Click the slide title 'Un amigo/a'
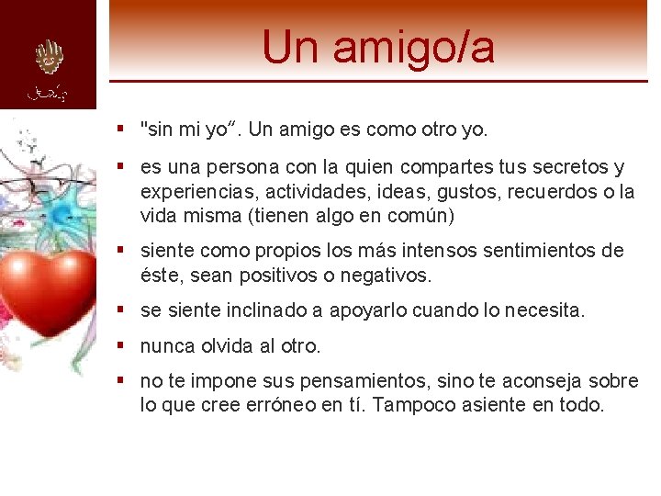[x=377, y=47]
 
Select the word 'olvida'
[x=227, y=346]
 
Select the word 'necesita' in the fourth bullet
[x=546, y=310]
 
